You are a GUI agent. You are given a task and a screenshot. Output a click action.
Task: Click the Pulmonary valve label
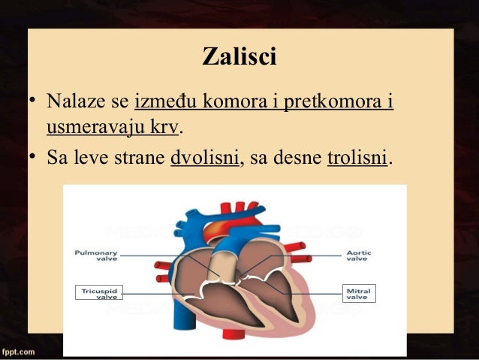[95, 256]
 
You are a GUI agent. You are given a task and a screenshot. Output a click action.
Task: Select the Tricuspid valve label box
[98, 292]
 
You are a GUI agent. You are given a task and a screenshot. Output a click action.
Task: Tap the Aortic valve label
[357, 256]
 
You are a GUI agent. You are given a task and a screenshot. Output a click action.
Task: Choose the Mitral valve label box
[357, 292]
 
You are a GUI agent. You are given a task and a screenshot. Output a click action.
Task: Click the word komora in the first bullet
[233, 101]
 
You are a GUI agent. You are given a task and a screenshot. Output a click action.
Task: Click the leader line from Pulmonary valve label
[150, 256]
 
